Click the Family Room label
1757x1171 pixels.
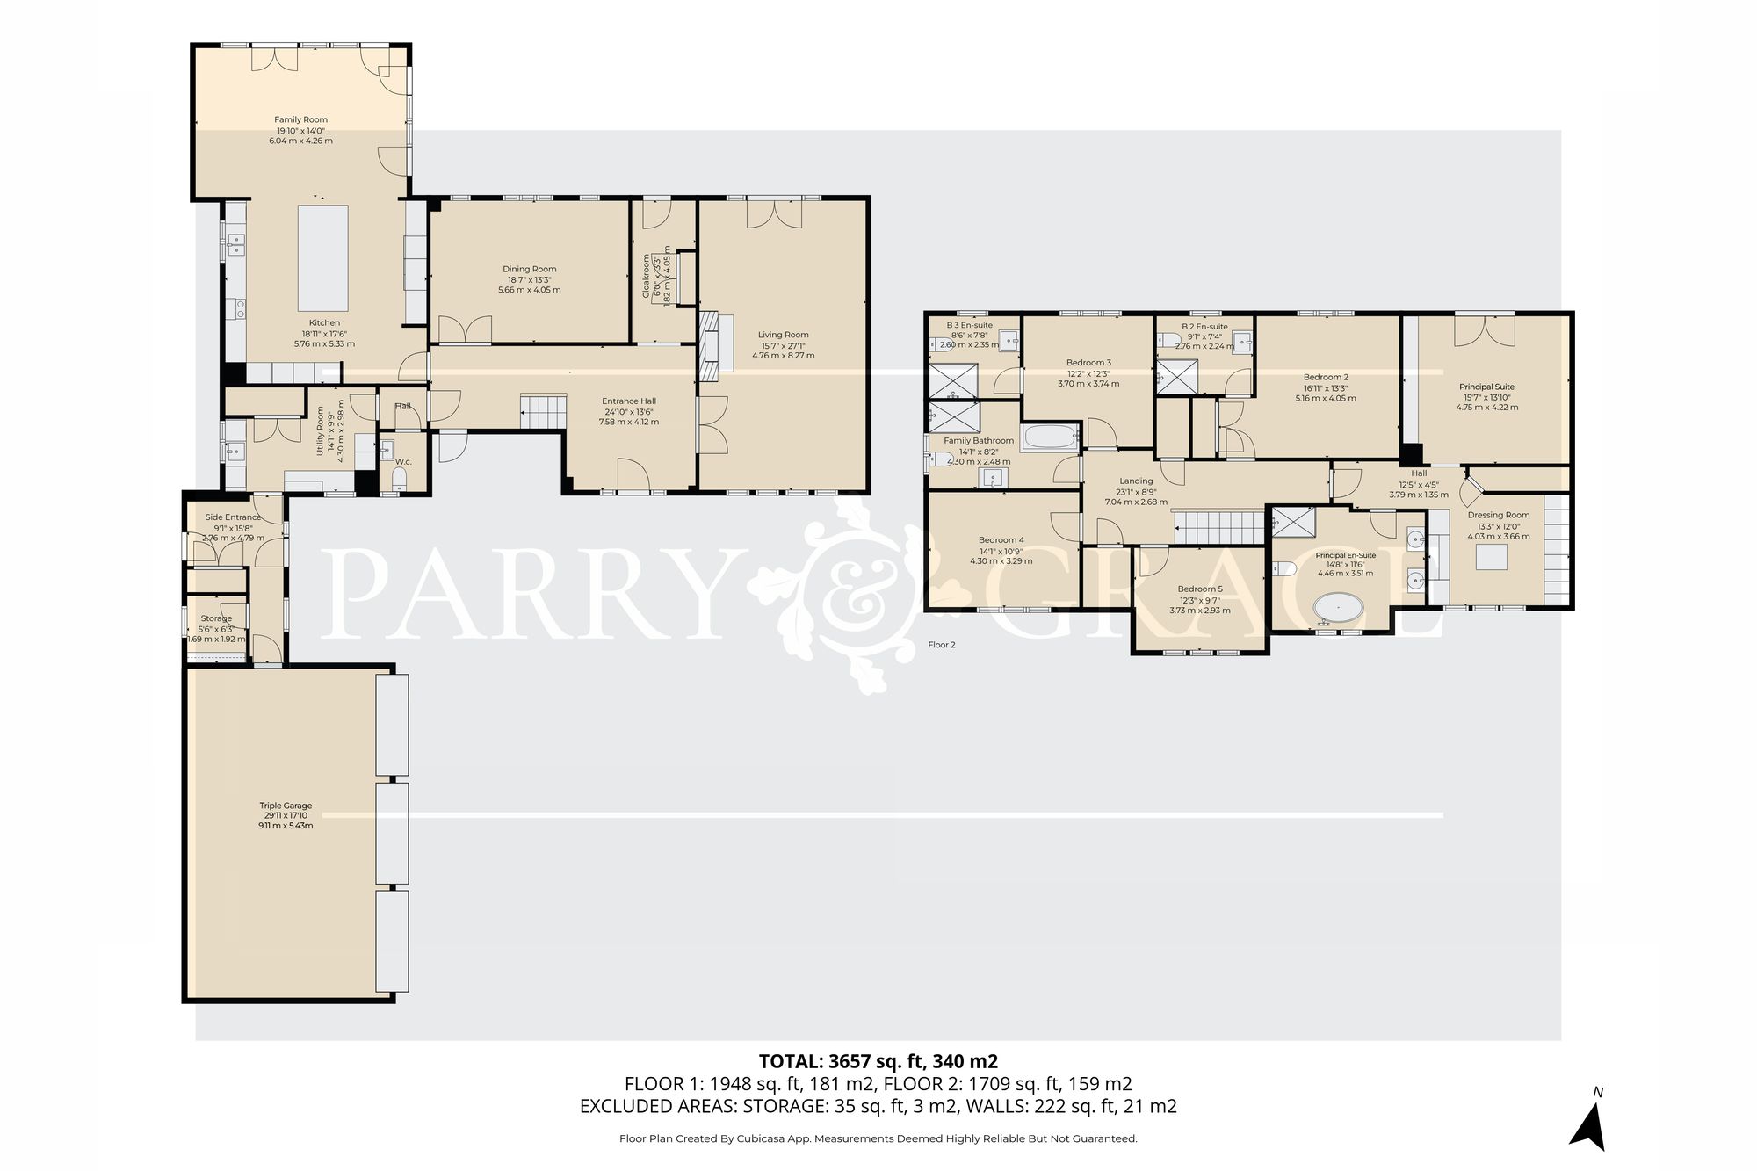[x=300, y=119]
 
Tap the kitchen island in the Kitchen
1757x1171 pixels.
[x=323, y=254]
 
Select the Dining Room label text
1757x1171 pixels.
[x=529, y=269]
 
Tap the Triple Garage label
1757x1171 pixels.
[x=286, y=805]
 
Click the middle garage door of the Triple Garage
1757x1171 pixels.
[x=392, y=833]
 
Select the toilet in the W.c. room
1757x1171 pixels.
[x=399, y=479]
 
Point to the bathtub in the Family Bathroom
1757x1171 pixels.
[x=1049, y=437]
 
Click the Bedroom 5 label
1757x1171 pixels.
[x=1199, y=589]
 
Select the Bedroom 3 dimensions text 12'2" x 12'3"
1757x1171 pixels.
[x=1089, y=373]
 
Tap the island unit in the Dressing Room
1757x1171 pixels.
[x=1490, y=557]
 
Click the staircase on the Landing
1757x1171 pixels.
[x=1219, y=529]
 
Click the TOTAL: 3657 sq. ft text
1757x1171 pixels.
[x=878, y=1060]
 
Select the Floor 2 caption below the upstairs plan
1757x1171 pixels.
[x=941, y=645]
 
